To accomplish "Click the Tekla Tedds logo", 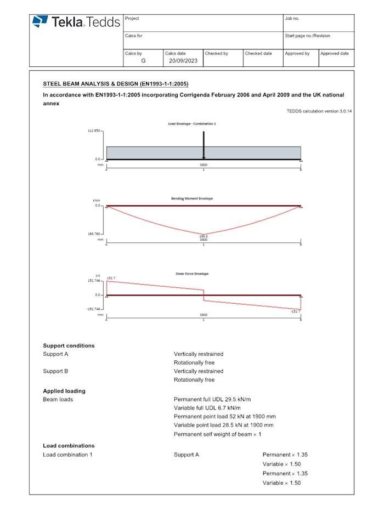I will [x=76, y=22].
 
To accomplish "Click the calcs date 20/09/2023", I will [x=183, y=61].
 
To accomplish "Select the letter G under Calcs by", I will [x=143, y=61].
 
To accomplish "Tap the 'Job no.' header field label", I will [x=292, y=19].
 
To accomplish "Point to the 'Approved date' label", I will [x=335, y=54].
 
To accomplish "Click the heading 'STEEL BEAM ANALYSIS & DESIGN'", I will [x=115, y=84].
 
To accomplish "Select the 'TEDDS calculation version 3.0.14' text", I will [x=319, y=111].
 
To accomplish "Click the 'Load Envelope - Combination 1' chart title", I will [x=192, y=124].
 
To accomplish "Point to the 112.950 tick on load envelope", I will [x=94, y=131].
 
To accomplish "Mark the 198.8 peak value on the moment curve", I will [x=203, y=236].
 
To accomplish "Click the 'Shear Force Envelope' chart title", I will [x=192, y=274].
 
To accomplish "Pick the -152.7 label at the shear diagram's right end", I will [x=295, y=311].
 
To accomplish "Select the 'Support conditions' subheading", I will [x=69, y=345].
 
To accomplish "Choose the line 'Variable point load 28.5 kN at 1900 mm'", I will [x=223, y=425].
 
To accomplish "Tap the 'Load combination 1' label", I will [x=68, y=455].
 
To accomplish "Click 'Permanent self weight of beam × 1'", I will [x=217, y=434].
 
